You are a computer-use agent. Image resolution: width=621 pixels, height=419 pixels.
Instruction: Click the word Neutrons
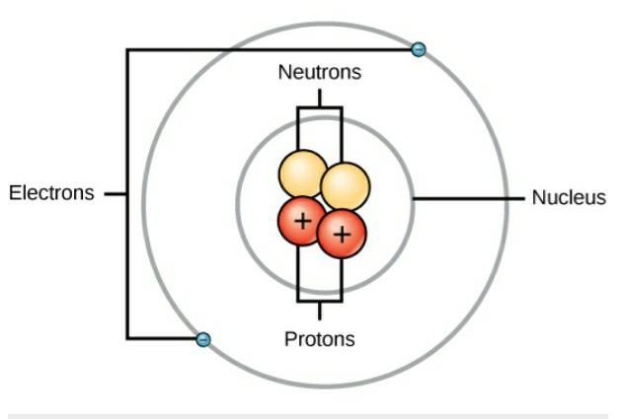pyautogui.click(x=319, y=72)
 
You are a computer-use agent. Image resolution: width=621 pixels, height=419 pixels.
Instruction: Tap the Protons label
pyautogui.click(x=319, y=339)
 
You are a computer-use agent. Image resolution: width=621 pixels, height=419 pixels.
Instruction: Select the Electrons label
pyautogui.click(x=51, y=193)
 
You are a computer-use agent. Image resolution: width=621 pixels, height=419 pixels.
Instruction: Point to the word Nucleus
pyautogui.click(x=569, y=197)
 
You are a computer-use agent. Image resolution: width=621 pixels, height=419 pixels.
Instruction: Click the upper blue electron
pyautogui.click(x=419, y=49)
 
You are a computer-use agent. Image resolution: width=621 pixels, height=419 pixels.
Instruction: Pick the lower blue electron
pyautogui.click(x=203, y=339)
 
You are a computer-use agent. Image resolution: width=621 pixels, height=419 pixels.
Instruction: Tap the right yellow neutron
pyautogui.click(x=346, y=184)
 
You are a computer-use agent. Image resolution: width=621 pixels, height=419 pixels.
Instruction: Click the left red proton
pyautogui.click(x=300, y=221)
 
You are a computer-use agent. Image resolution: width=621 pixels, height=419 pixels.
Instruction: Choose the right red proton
pyautogui.click(x=342, y=234)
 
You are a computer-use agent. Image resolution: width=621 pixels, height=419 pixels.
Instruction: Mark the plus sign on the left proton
pyautogui.click(x=300, y=221)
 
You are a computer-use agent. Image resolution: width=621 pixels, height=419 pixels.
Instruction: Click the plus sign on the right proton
pyautogui.click(x=341, y=234)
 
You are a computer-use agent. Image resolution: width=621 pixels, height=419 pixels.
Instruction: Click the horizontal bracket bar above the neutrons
pyautogui.click(x=319, y=106)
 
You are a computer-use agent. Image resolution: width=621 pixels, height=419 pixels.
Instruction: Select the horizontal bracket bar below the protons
pyautogui.click(x=319, y=301)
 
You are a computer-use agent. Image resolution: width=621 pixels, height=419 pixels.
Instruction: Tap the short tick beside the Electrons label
pyautogui.click(x=115, y=194)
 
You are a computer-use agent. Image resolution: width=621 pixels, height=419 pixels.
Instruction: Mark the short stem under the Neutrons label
pyautogui.click(x=319, y=97)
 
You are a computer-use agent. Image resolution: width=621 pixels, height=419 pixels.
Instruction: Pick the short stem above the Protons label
pyautogui.click(x=319, y=311)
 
